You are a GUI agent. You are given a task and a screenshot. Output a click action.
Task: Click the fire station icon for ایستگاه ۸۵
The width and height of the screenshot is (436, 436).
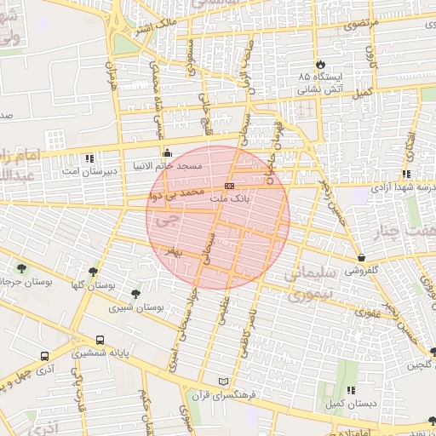[x=320, y=64]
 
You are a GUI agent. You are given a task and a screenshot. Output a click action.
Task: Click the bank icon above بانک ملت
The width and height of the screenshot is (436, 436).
[x=229, y=185]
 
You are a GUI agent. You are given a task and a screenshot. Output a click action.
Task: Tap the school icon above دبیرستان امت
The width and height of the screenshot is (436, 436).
[x=89, y=158]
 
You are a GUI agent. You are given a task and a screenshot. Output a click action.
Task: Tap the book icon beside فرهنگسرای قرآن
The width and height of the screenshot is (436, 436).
[x=224, y=381]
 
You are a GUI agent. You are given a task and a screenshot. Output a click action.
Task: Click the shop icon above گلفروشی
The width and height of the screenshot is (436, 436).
[x=362, y=257]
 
